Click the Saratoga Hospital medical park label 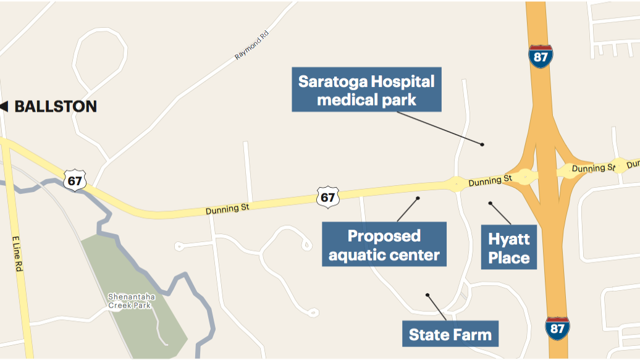[x=366, y=90]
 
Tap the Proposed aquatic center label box [x=384, y=245]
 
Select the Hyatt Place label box [x=509, y=248]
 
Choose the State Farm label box [x=450, y=335]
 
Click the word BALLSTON [x=56, y=106]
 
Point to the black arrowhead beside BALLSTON [x=4, y=106]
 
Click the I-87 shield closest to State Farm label [x=557, y=327]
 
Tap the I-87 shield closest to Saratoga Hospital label [x=540, y=56]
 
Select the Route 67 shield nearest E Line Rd [x=74, y=180]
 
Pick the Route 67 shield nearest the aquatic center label [x=327, y=196]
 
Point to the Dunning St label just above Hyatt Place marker [x=491, y=181]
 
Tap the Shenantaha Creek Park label [x=132, y=301]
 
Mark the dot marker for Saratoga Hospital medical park [x=482, y=144]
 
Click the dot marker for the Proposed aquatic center [x=418, y=198]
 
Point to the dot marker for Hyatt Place [x=490, y=203]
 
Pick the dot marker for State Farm [x=427, y=295]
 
